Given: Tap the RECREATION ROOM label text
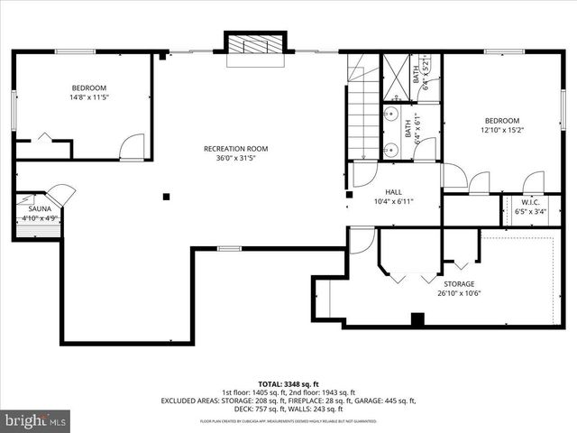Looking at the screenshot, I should point(235,149).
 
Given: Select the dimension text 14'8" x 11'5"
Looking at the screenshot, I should point(89,97).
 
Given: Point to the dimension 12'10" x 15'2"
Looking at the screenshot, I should point(502,130).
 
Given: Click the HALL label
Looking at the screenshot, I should point(393,192).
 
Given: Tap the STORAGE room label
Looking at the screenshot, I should point(459,283).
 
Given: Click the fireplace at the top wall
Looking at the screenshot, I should point(255,47).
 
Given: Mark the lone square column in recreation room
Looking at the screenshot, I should point(167,196).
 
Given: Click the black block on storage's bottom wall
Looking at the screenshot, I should point(417,319).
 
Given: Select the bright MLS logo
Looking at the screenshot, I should point(36,419).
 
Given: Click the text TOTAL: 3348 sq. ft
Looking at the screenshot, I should point(288,382).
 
